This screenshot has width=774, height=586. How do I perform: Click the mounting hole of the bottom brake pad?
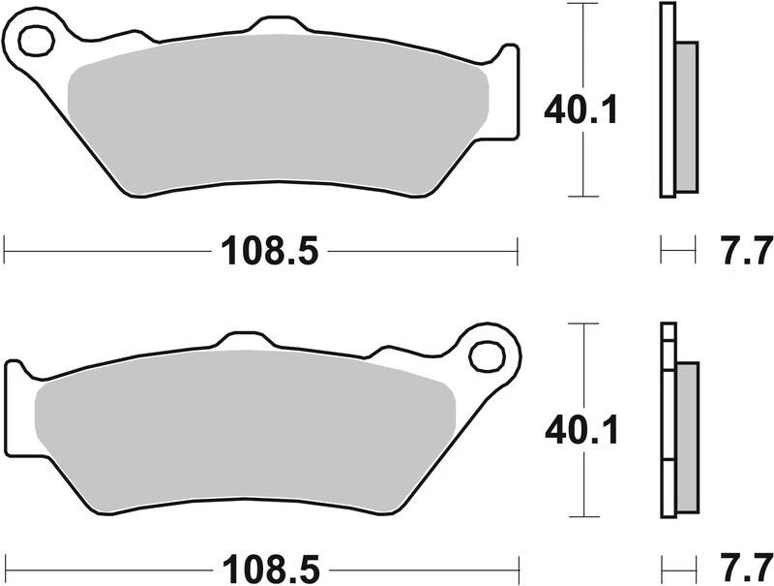pyautogui.click(x=485, y=355)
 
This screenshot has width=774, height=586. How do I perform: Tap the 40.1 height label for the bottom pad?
pyautogui.click(x=581, y=428)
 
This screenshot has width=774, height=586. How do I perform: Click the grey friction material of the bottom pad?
pyautogui.click(x=242, y=426)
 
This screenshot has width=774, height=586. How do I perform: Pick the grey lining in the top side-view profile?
pyautogui.click(x=684, y=116)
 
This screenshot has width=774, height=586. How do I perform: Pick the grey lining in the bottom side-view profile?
pyautogui.click(x=686, y=436)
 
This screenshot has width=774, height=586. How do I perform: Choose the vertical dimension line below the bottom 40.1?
pyautogui.click(x=581, y=484)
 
